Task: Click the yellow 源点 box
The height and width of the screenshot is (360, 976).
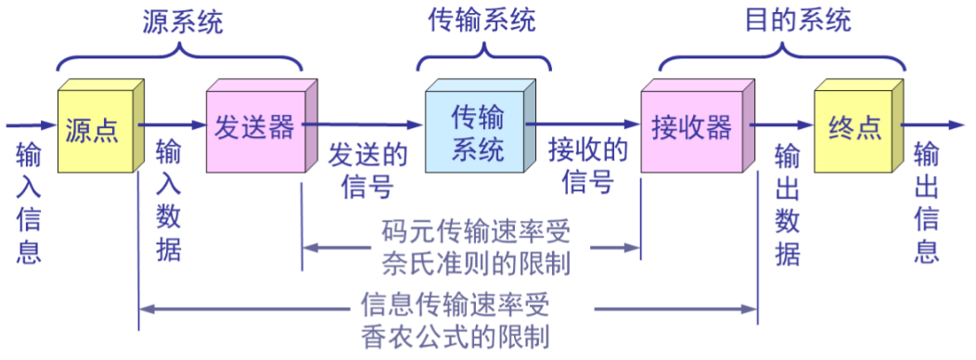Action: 93,130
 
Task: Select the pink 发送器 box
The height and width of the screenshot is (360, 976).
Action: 253,129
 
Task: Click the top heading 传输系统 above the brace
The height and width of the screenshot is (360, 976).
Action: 482,20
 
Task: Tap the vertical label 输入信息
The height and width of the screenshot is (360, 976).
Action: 29,202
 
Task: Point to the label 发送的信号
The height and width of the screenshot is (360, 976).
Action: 367,170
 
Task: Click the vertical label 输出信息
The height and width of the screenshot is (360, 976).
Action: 927,201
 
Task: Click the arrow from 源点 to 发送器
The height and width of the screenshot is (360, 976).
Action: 173,124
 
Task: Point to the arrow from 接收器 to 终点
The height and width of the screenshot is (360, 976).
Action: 782,124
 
